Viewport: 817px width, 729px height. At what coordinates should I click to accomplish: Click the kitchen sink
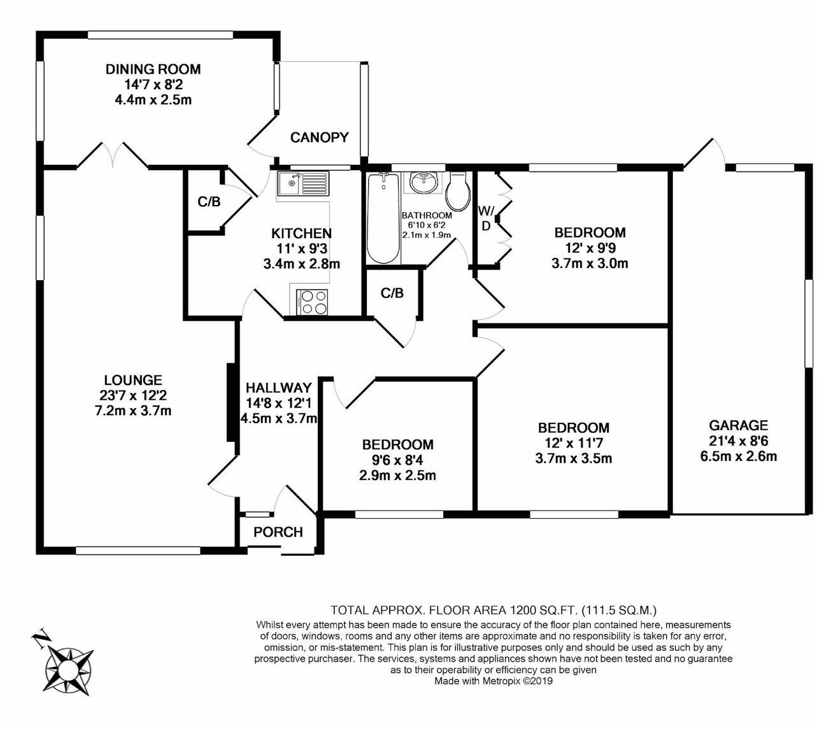click(302, 184)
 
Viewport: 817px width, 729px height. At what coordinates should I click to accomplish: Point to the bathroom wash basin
click(422, 183)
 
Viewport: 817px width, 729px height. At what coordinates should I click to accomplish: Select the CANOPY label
click(320, 138)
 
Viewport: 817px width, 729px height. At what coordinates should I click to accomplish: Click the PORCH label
click(278, 532)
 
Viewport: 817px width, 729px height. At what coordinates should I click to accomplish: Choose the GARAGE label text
click(739, 425)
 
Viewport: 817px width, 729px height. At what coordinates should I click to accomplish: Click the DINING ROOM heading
click(153, 69)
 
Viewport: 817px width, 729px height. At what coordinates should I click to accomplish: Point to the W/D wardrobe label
click(485, 218)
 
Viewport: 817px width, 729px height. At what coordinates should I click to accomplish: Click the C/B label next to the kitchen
click(209, 202)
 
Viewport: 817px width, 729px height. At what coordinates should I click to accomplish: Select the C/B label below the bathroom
click(392, 293)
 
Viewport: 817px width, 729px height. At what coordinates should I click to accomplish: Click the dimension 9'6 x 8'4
click(398, 460)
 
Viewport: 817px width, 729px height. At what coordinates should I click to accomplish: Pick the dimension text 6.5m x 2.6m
click(739, 456)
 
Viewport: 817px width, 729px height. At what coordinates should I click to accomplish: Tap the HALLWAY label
click(279, 388)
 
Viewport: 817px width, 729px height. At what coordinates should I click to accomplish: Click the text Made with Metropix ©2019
click(494, 681)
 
